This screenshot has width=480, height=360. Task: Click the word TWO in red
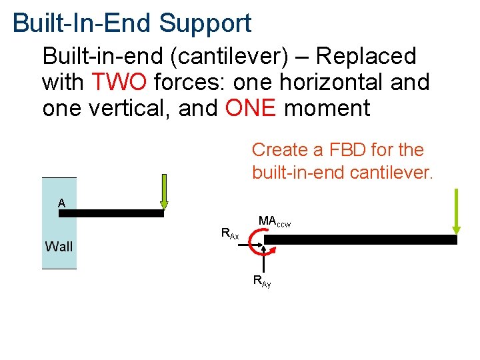click(119, 83)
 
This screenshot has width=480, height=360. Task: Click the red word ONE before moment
click(251, 108)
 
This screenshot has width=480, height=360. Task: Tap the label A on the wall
click(61, 203)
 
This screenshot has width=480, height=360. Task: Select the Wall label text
click(59, 247)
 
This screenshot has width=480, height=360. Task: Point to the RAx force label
click(230, 233)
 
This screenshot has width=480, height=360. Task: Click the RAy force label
click(262, 281)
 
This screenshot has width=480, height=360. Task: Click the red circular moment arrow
click(257, 244)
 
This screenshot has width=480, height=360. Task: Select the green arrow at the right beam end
click(455, 211)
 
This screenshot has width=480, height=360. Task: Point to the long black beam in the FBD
click(360, 239)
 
